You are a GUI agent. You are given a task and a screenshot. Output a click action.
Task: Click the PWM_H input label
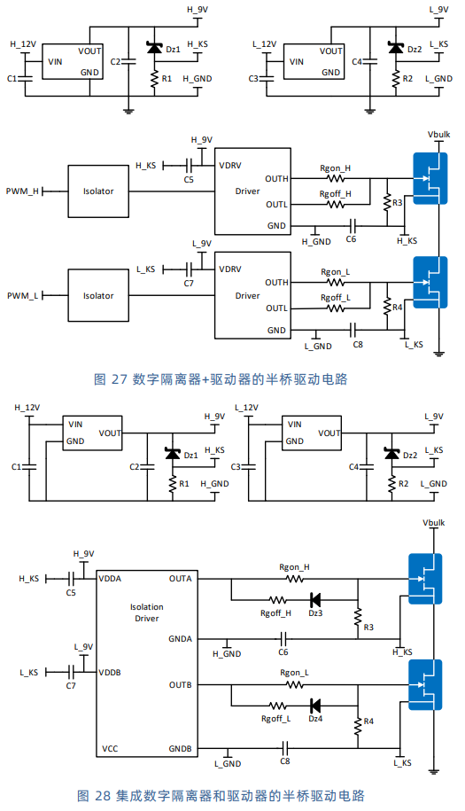point(22,191)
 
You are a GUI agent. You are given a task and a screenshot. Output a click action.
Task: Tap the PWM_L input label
point(22,296)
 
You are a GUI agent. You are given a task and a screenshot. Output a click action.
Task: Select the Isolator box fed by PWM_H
point(98,191)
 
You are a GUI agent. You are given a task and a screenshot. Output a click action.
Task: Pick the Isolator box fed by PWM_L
point(98,295)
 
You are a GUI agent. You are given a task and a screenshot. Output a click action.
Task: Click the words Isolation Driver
point(147,612)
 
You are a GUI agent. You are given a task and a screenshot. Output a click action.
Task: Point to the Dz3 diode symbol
point(314,600)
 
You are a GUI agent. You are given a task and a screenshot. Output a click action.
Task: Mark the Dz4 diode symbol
point(314,706)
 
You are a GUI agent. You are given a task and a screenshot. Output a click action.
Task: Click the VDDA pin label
point(110,579)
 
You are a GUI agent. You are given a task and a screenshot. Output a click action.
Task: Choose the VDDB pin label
point(110,673)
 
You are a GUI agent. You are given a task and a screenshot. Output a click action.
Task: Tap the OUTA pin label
point(181,579)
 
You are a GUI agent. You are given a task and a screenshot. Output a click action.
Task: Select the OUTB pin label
point(181,685)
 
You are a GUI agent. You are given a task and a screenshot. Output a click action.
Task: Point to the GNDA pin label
point(181,639)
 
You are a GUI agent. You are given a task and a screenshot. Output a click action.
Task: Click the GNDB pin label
point(181,748)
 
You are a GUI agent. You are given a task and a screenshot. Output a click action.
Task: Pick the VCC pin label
point(110,748)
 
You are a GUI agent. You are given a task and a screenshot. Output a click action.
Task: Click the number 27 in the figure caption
point(119,379)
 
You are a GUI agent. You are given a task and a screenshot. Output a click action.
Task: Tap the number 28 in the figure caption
point(103,795)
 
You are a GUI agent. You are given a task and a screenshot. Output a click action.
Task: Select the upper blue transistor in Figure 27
point(430,178)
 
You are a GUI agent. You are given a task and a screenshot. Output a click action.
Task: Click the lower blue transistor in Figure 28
point(425,684)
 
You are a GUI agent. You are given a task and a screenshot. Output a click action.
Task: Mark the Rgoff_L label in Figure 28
point(276,719)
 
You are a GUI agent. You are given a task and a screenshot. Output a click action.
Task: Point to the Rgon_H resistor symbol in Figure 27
point(336,178)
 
